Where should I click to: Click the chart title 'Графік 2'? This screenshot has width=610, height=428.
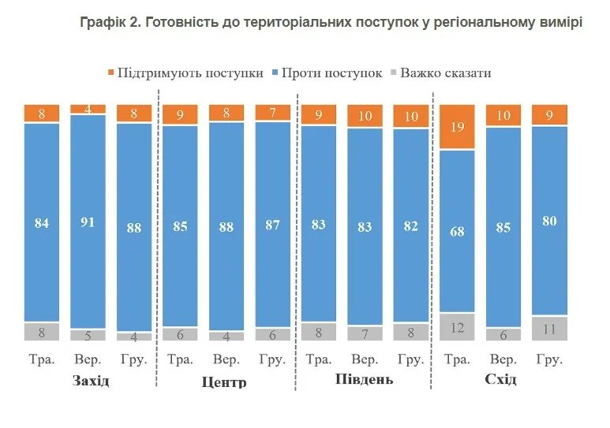click(x=331, y=22)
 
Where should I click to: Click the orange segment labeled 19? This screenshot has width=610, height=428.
click(x=457, y=126)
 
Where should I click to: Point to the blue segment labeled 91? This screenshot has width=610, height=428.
click(x=88, y=221)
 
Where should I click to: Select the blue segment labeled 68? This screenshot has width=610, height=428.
click(x=457, y=231)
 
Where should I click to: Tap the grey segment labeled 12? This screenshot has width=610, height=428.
click(x=457, y=326)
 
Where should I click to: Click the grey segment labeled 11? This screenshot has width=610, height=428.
click(x=549, y=329)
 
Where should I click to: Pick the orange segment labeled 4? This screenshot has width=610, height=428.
click(x=88, y=109)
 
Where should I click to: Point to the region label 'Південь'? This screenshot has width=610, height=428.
click(x=364, y=381)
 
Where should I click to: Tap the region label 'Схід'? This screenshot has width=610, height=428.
click(x=501, y=381)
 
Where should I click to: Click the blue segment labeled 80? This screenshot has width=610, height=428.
click(x=549, y=221)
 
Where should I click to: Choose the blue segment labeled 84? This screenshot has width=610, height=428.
click(x=42, y=223)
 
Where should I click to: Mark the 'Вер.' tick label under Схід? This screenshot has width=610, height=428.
click(x=503, y=359)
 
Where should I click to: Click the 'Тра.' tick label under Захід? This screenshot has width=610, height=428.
click(x=42, y=359)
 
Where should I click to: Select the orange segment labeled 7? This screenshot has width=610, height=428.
click(x=272, y=113)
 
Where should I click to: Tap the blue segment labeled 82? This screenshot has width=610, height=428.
click(x=410, y=225)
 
